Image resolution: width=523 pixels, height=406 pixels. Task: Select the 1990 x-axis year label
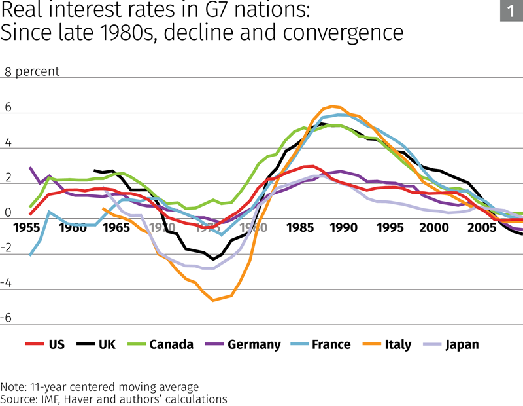345,229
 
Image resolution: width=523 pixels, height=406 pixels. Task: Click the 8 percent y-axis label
32,71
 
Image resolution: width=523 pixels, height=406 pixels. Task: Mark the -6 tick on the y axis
7,318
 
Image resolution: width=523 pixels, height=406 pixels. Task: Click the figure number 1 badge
511,11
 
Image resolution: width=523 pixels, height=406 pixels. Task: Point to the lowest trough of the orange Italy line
213,301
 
